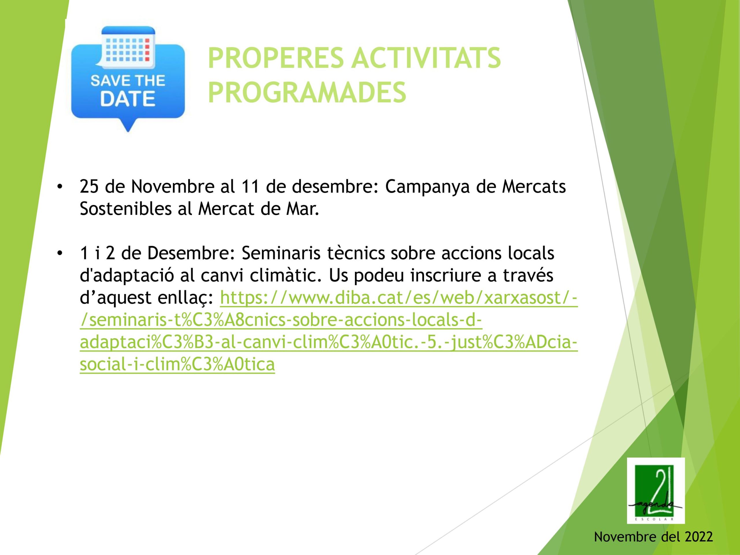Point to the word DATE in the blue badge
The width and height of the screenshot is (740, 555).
[x=128, y=99]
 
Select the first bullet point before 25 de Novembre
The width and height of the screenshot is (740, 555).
[x=60, y=187]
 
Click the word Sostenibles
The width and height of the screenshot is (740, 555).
[x=126, y=209]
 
